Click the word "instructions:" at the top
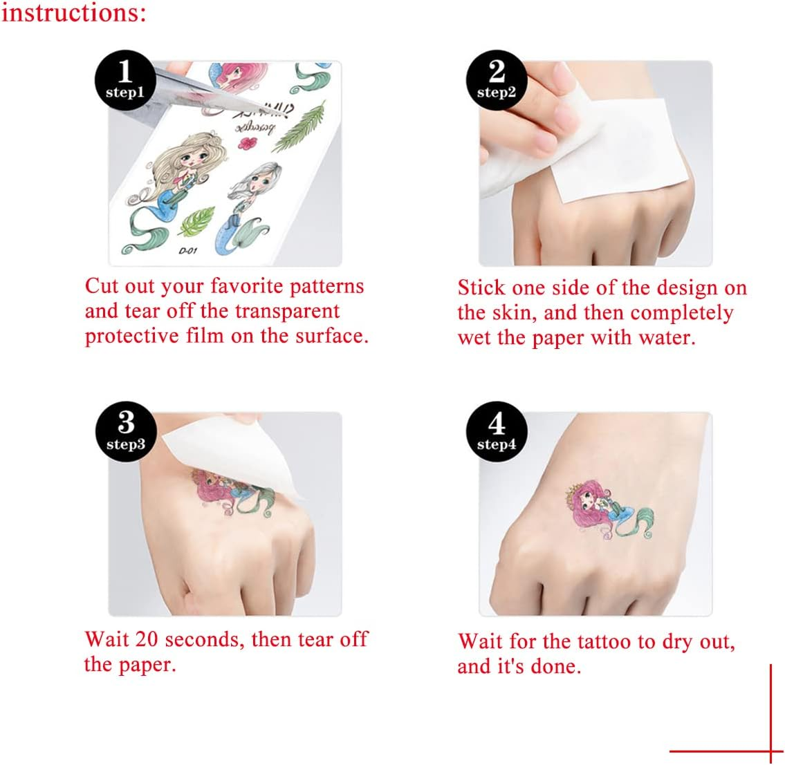73,12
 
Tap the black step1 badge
125,80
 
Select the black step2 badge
497,80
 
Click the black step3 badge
126,431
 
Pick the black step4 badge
497,431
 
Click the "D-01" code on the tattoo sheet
187,251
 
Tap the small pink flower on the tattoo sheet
248,143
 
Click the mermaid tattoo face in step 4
591,500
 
